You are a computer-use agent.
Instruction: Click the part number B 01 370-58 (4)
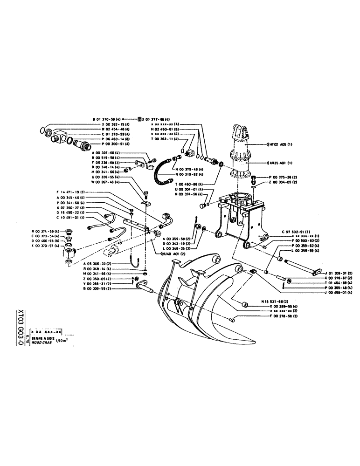[107, 119]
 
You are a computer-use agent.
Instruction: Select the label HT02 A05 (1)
[280, 144]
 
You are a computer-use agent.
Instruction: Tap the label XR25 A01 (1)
[281, 163]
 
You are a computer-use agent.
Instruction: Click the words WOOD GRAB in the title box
[41, 341]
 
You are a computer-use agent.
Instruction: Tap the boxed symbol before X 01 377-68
[139, 119]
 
